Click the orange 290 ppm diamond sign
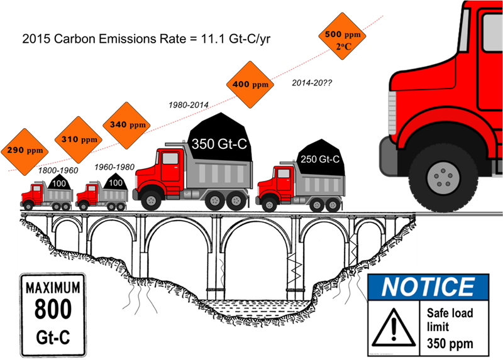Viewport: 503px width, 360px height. click(26, 151)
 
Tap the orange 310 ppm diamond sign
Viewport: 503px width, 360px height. click(80, 139)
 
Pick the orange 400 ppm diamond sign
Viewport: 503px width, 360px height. click(251, 84)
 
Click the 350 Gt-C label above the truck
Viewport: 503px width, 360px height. click(219, 144)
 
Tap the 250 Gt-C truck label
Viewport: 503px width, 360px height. click(319, 160)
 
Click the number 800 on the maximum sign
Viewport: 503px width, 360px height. click(53, 310)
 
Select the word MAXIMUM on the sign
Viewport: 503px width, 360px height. click(53, 288)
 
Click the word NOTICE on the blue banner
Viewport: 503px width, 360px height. click(428, 287)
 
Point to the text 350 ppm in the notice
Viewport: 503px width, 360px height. click(450, 344)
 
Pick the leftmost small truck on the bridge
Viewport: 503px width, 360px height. click(47, 195)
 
